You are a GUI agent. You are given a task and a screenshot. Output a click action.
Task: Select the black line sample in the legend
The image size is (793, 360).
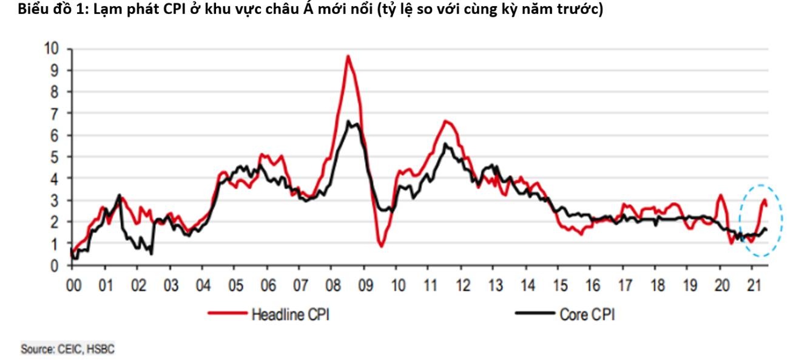click(x=535, y=314)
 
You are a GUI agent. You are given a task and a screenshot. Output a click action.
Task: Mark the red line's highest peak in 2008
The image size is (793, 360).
click(x=348, y=56)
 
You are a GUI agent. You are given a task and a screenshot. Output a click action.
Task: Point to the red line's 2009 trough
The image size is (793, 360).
click(x=381, y=246)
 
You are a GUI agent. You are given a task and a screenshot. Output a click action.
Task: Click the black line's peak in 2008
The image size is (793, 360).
click(x=348, y=121)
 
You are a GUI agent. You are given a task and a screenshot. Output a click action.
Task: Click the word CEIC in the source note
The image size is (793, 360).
click(x=69, y=349)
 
